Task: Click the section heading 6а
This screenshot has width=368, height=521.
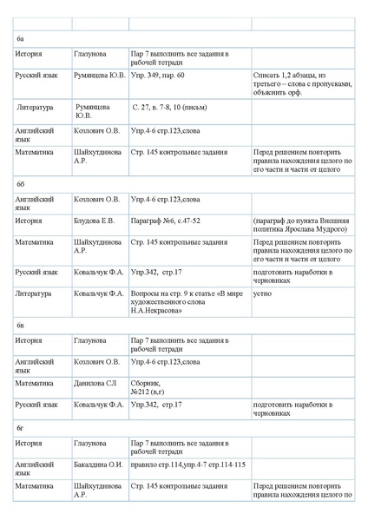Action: tap(21, 40)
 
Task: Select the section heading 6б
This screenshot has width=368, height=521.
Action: tap(21, 185)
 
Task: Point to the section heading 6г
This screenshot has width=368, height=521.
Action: tap(21, 429)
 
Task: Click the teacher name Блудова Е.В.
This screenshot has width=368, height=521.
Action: tap(95, 221)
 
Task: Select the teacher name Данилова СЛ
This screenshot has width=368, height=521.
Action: tap(95, 383)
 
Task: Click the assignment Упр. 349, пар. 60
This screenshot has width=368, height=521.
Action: tap(161, 76)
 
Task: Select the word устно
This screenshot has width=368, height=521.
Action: tap(262, 293)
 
